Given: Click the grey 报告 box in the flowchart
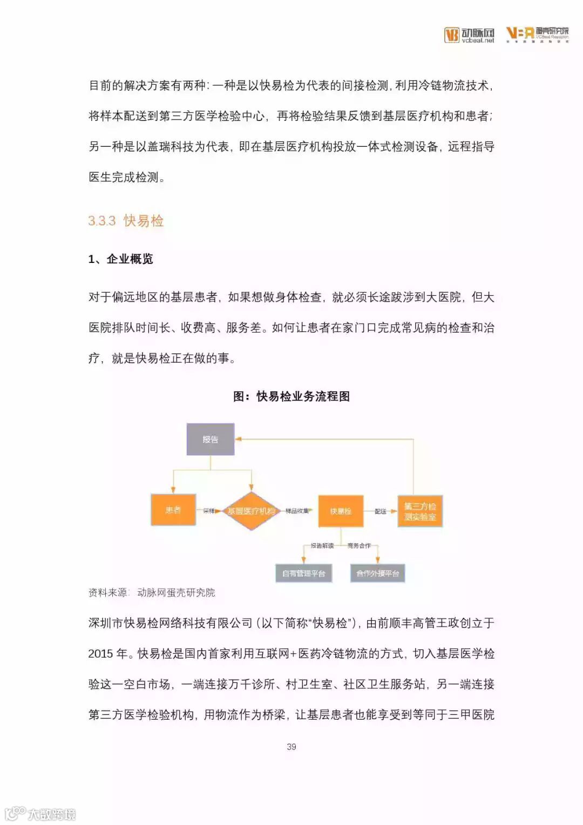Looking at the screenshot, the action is tap(211, 439).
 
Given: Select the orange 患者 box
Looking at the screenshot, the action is tap(173, 510).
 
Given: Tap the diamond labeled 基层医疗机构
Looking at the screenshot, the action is tap(251, 511).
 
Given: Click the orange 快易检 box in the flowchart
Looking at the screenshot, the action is tap(340, 511).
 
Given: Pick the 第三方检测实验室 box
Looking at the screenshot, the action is tap(420, 511).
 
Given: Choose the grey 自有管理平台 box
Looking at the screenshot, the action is tap(303, 573).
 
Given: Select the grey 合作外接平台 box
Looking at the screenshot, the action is tap(377, 573).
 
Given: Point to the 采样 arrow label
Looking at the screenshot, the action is tap(209, 510).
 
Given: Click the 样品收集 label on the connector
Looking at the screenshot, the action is tap(297, 510).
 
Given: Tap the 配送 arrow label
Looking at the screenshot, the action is tap(381, 511).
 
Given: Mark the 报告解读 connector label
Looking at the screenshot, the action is tap(322, 545).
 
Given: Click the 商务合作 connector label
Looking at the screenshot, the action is tap(359, 545).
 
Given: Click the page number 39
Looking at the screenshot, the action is tap(291, 747).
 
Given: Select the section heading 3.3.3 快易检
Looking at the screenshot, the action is tap(126, 221).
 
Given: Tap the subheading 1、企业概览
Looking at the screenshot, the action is tap(120, 259).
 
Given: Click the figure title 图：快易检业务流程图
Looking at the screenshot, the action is tap(291, 396).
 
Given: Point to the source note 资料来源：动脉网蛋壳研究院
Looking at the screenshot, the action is tap(152, 592).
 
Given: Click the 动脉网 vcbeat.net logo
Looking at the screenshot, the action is tap(469, 35).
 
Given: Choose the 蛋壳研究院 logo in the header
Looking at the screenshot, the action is tap(537, 34).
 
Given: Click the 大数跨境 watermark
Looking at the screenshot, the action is tap(40, 813).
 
